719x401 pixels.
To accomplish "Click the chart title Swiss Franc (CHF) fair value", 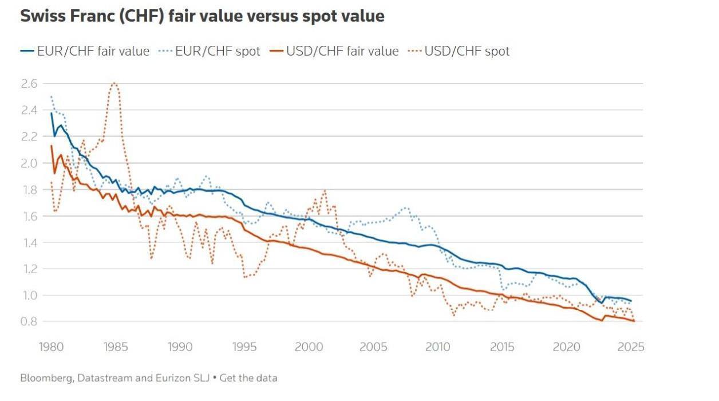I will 202,16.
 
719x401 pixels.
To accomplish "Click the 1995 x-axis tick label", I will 244,347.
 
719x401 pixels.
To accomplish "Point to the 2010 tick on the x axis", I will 438,347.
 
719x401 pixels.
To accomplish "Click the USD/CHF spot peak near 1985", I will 114,83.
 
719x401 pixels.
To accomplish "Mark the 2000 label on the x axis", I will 309,347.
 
